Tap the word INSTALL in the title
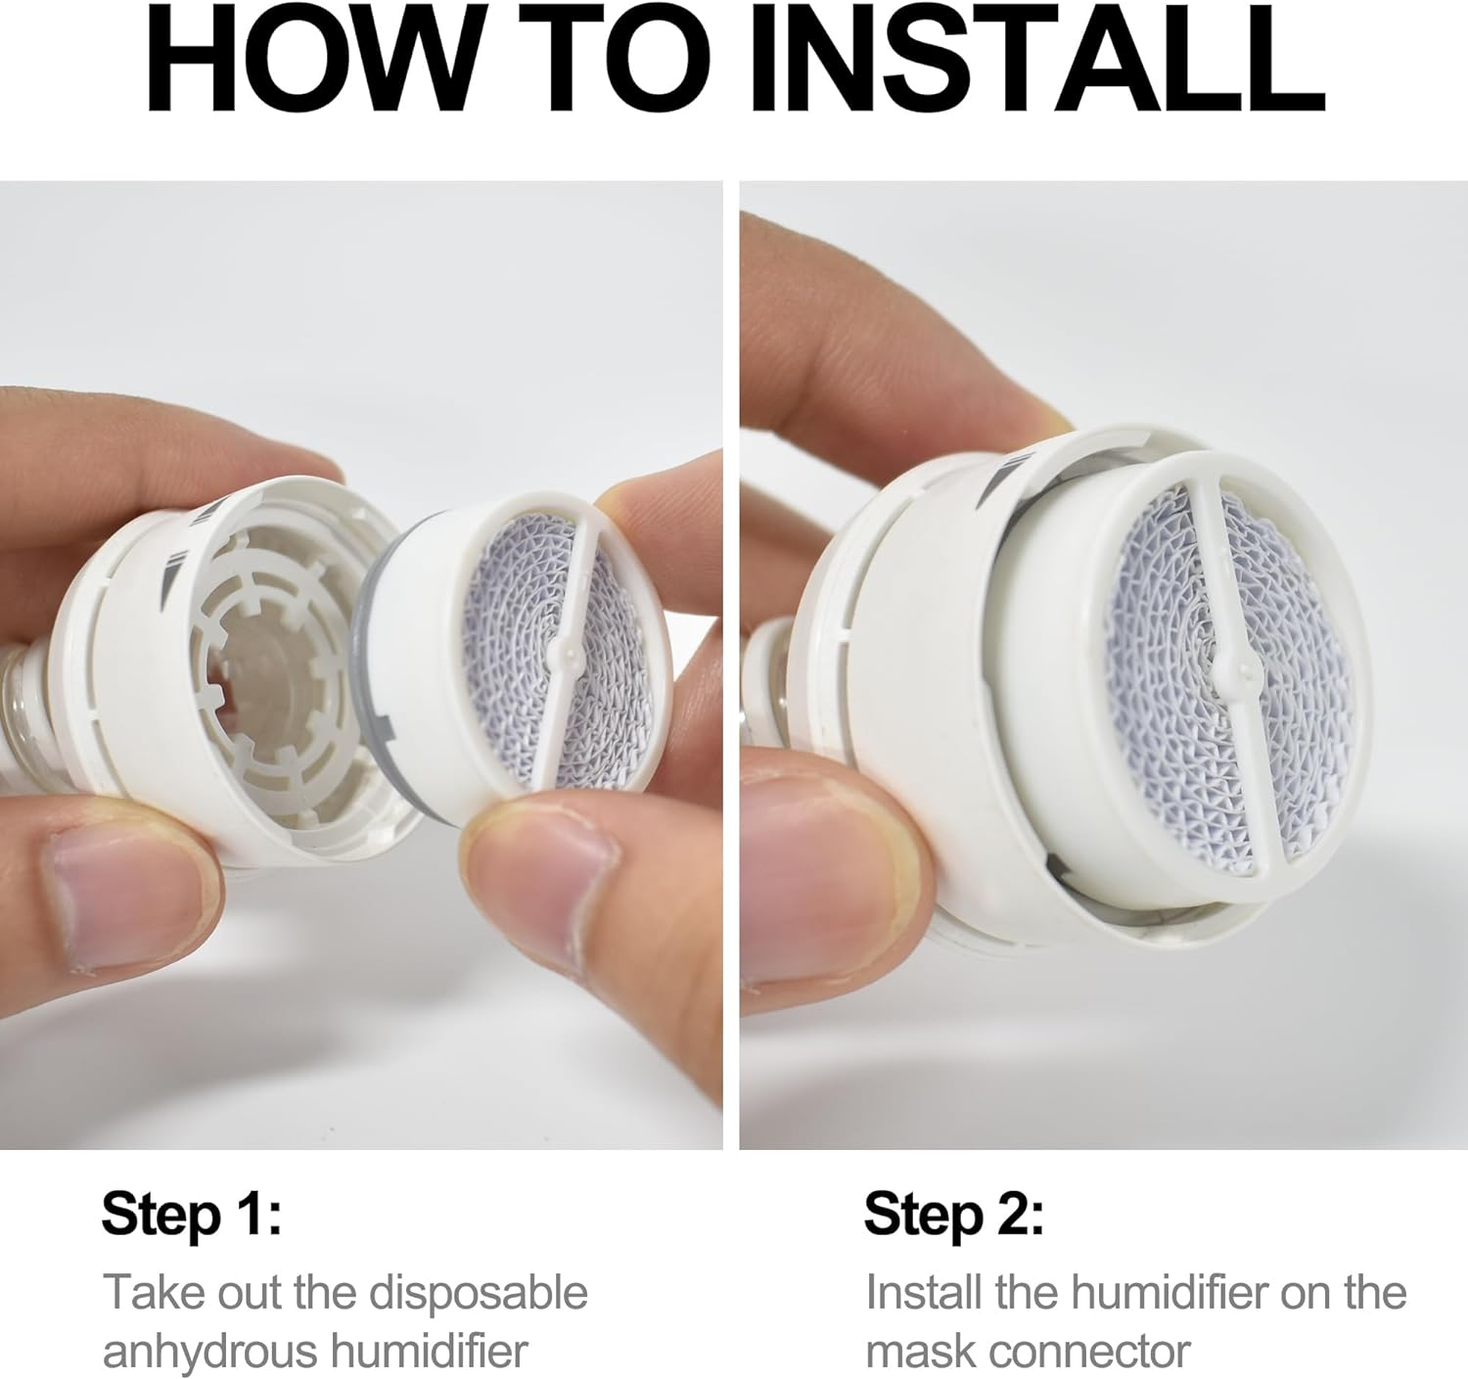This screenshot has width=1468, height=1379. [x=1039, y=60]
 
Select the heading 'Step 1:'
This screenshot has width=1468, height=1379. [x=192, y=1215]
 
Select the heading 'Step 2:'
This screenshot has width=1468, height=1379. [x=953, y=1215]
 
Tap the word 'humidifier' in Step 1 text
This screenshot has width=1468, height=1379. [x=429, y=1345]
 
